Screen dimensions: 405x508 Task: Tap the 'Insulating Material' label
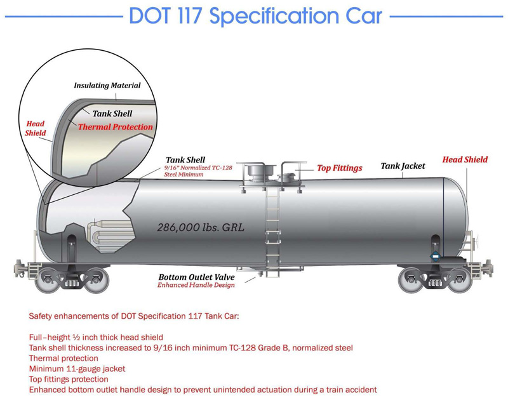(107, 85)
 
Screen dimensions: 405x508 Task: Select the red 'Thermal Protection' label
(115, 127)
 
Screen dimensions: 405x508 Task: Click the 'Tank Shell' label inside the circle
(112, 114)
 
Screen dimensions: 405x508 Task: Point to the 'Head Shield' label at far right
(465, 159)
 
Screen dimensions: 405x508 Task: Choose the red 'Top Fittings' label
(340, 168)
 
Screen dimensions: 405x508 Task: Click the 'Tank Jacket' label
(403, 166)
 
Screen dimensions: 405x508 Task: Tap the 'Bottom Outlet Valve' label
(196, 277)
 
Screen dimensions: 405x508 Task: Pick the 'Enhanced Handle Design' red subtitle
(196, 286)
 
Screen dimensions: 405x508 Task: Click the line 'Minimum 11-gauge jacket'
(77, 369)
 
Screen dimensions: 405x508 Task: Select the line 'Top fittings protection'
(69, 379)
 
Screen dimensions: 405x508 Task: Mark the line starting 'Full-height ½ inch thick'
(97, 337)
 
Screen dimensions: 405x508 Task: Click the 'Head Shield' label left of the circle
(35, 128)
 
